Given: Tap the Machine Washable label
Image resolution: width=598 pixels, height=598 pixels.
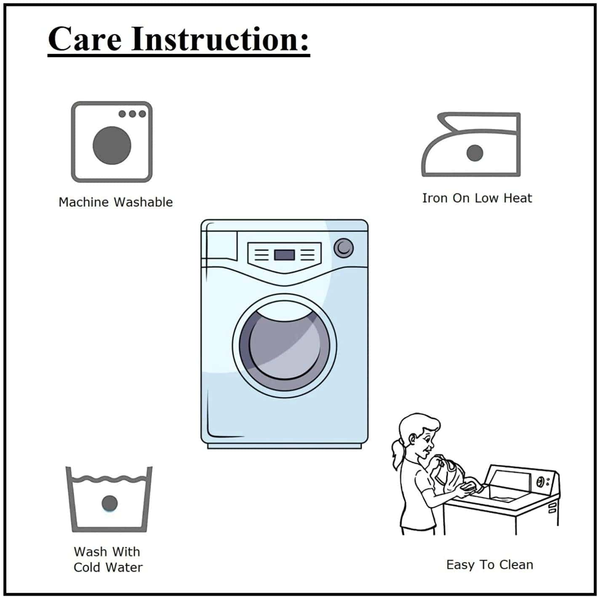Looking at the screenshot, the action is coord(115,202).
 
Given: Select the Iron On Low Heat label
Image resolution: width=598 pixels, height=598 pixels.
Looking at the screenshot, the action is coord(477,198).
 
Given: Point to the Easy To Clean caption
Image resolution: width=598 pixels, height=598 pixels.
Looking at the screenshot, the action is coord(489,564).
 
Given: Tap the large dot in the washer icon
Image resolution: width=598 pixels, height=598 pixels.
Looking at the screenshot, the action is coord(112,145).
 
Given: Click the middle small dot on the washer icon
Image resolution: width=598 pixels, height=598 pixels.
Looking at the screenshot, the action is coord(133,114).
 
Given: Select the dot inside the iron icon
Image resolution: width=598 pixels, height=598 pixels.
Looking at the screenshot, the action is coord(475,153).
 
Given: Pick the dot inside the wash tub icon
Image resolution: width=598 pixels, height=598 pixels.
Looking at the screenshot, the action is coord(109,503).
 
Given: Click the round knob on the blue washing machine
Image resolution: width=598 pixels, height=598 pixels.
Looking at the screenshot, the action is coord(344,248).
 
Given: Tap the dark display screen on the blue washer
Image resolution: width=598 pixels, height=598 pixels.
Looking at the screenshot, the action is coord(284,255).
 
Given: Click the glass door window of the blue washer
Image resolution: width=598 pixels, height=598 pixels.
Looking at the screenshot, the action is coord(284,346).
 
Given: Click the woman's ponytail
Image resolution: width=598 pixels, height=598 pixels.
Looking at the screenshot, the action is coord(398,454).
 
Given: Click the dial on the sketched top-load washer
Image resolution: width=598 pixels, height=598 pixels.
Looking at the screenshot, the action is coord(540,482).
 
